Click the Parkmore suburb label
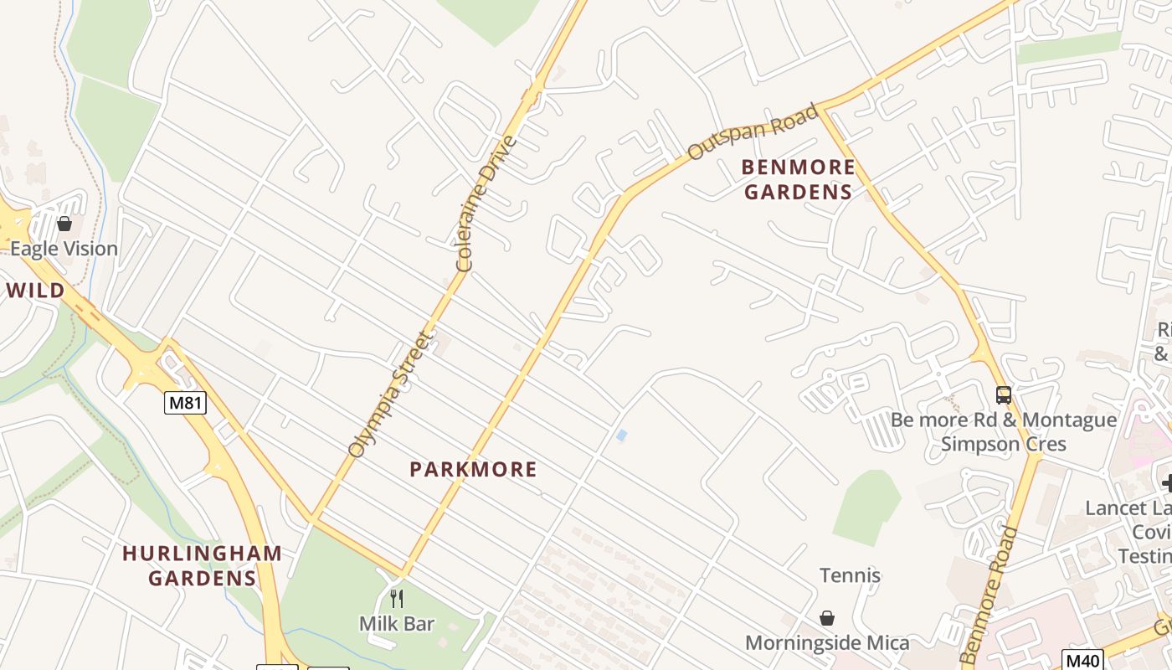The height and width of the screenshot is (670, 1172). [473, 470]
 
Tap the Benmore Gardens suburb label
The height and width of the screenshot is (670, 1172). [799, 179]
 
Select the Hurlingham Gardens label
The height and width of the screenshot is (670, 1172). [202, 565]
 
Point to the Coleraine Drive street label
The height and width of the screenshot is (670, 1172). [486, 204]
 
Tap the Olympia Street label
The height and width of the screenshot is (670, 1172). [391, 394]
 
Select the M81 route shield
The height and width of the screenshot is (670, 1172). [185, 403]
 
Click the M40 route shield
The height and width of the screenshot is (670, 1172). [1082, 659]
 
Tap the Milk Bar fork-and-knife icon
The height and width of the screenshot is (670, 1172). [397, 598]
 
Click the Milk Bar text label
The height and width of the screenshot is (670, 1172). [397, 624]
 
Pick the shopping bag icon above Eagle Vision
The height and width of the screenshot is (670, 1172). [64, 224]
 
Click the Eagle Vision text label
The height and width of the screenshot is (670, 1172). [64, 249]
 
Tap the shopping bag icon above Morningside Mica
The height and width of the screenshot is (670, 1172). [827, 618]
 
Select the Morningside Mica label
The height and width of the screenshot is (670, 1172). [827, 643]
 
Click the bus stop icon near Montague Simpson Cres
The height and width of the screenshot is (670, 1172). [1003, 394]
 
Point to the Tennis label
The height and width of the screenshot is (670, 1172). [850, 575]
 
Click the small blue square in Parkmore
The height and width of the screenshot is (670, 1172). [621, 435]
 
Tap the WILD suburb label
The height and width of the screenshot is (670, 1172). [35, 291]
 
